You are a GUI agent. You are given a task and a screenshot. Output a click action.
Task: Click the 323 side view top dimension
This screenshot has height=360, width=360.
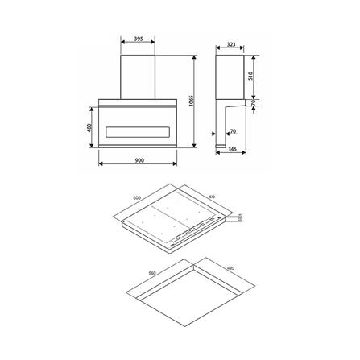coord(231,45)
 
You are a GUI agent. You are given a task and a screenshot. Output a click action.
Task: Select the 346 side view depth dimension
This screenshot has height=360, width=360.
coord(232,151)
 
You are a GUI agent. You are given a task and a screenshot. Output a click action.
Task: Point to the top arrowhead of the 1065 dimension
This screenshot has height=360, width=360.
coord(197,57)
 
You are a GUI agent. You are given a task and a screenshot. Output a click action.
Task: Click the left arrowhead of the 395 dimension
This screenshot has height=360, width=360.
coord(120,45)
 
